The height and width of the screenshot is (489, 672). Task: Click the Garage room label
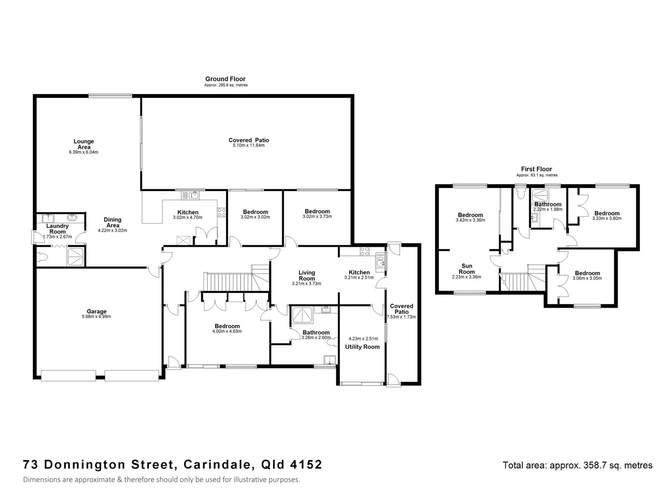97,311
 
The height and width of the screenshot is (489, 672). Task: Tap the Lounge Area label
84,144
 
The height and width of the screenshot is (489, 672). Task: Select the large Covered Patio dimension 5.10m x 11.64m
248,145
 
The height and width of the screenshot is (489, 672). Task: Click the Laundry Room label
57,229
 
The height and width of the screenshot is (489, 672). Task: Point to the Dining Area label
113,222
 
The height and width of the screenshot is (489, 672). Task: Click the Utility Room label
362,347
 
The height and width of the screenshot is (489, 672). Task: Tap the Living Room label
307,275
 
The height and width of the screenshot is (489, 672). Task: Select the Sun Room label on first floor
467,269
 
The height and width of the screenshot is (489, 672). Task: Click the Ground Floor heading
225,79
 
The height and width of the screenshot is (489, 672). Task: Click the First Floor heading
536,169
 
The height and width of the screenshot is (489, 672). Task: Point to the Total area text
577,465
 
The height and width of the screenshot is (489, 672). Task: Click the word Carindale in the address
216,465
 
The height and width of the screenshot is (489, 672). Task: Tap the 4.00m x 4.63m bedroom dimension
227,331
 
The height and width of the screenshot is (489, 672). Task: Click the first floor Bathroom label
548,204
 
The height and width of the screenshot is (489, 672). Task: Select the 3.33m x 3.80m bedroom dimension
607,218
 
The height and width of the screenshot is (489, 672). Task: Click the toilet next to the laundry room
42,257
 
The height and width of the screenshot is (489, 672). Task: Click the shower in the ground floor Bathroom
302,315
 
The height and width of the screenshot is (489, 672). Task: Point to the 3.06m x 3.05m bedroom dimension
587,278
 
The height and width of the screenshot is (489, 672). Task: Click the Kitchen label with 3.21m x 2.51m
359,272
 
